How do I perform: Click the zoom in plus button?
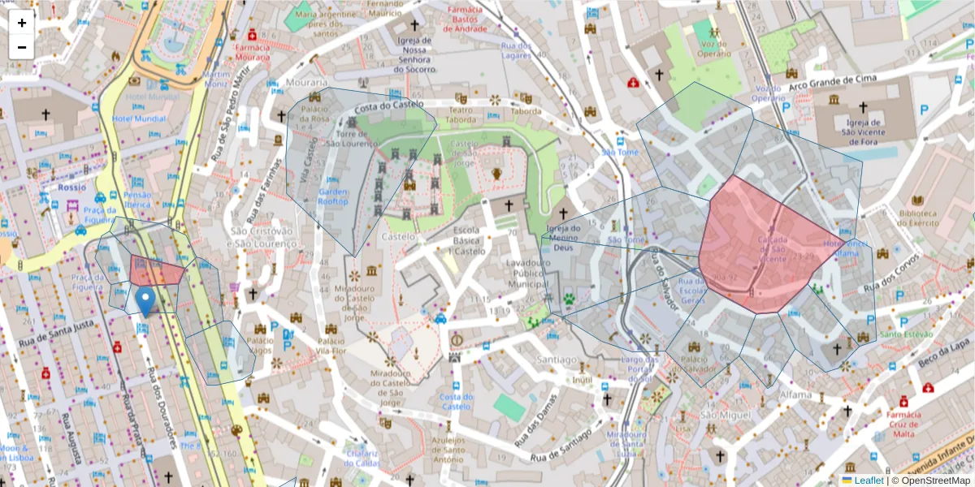(x=22, y=23)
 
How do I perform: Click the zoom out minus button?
(x=22, y=47)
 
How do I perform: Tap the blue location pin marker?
(x=145, y=301)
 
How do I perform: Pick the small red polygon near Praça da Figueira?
(x=157, y=271)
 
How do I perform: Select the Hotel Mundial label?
(x=139, y=119)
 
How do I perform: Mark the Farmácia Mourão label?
(x=252, y=53)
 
